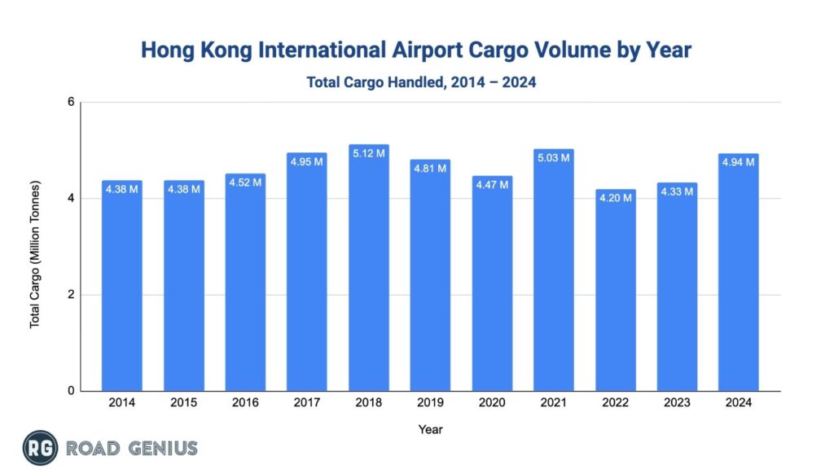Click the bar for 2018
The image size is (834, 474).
pyautogui.click(x=368, y=269)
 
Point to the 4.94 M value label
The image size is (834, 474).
pyautogui.click(x=738, y=160)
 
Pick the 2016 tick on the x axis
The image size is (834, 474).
pyautogui.click(x=245, y=403)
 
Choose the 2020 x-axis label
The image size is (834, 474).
pyautogui.click(x=492, y=403)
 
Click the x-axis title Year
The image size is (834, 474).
pyautogui.click(x=430, y=428)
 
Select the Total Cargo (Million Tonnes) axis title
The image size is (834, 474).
pyautogui.click(x=35, y=247)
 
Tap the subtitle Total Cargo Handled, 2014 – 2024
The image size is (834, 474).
pyautogui.click(x=421, y=82)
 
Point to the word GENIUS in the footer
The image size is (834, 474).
pyautogui.click(x=161, y=448)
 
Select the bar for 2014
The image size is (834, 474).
pyautogui.click(x=122, y=285)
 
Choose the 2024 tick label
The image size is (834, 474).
pyautogui.click(x=738, y=403)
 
